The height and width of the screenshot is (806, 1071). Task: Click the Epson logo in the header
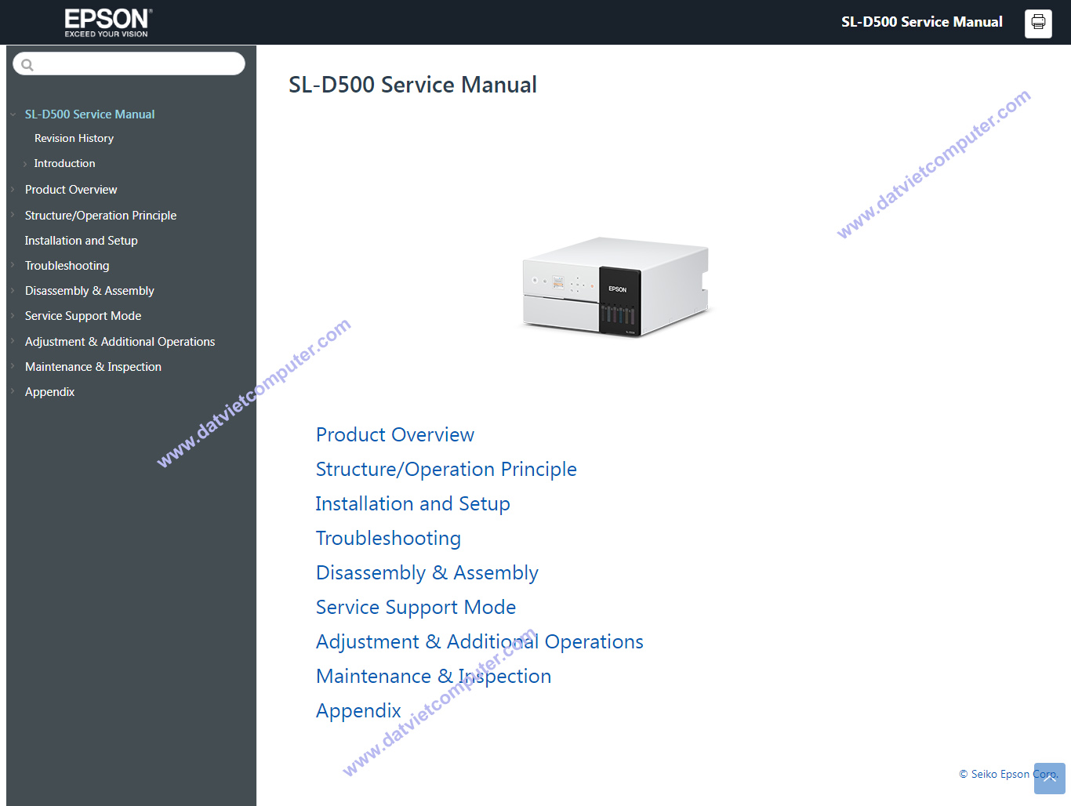108,23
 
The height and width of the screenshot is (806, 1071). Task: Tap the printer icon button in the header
1038,23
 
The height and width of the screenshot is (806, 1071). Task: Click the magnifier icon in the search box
27,64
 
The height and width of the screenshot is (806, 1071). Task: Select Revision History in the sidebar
74,139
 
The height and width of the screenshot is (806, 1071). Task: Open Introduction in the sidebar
64,163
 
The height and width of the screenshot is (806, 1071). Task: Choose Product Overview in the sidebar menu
71,190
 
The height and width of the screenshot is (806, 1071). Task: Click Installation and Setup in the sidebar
81,241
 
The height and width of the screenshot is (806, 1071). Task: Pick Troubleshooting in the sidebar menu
67,266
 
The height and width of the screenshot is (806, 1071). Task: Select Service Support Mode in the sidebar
83,316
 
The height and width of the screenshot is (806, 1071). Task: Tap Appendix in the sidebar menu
49,392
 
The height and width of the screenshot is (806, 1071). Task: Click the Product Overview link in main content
394,434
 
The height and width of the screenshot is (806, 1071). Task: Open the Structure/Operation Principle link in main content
446,470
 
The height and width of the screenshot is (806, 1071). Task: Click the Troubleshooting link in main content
388,539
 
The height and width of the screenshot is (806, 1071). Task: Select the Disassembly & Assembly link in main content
427,573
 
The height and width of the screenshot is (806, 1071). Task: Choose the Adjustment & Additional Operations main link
479,642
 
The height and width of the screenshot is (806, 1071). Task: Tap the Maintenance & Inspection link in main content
434,677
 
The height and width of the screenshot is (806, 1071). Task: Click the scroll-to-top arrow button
1050,779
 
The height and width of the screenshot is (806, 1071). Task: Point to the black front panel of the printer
619,301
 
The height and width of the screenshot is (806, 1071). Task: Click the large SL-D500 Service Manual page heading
412,85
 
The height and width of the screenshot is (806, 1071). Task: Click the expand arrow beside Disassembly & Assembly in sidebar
13,291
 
